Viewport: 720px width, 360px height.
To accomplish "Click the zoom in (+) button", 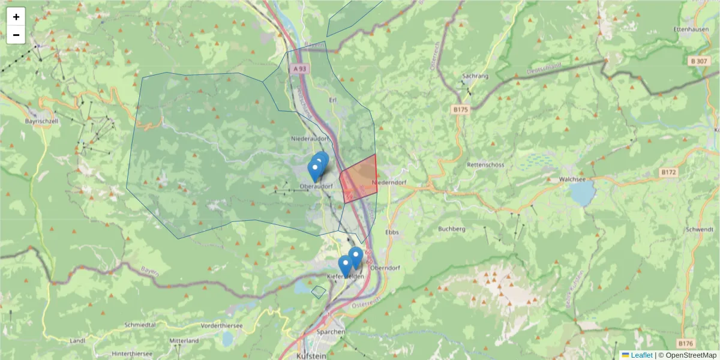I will point(16,17).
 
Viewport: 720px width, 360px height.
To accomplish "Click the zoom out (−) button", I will point(16,35).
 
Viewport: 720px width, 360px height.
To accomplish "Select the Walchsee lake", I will point(581,193).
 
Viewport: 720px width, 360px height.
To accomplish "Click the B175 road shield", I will point(460,110).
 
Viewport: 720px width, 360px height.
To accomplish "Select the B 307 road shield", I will point(698,61).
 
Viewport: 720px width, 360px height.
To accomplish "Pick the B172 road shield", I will point(668,172).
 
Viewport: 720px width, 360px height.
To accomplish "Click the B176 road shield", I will point(685,343).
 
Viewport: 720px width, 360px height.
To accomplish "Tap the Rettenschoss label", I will point(485,164).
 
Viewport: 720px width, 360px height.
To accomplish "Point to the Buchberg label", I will point(452,229).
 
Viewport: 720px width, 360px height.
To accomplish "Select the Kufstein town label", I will point(312,355).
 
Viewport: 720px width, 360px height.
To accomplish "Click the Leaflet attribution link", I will point(641,355).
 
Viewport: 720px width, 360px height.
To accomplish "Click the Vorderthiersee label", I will point(222,325).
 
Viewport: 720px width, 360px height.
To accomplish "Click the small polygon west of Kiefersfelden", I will point(319,292).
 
